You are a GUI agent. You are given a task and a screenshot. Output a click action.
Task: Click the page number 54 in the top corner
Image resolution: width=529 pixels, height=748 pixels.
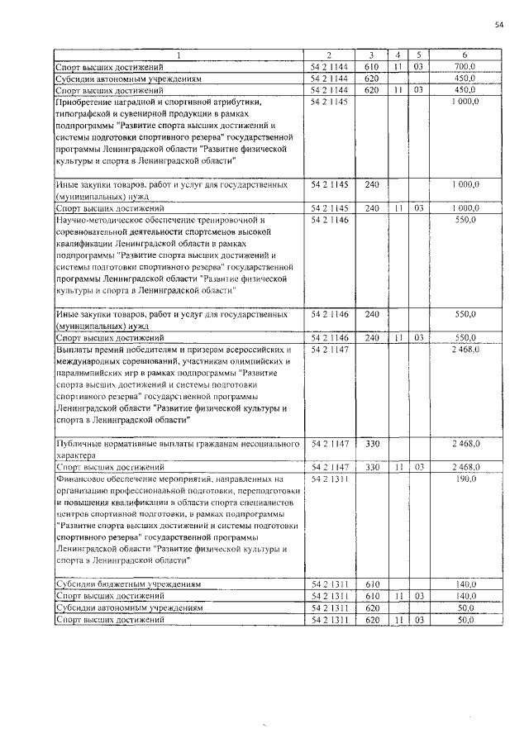click(x=498, y=26)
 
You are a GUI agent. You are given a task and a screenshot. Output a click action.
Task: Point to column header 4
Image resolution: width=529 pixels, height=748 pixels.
click(x=398, y=55)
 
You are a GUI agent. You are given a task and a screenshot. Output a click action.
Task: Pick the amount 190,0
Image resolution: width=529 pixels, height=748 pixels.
click(x=467, y=479)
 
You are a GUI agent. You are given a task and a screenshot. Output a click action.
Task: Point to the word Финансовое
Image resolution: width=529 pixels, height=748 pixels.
click(x=82, y=479)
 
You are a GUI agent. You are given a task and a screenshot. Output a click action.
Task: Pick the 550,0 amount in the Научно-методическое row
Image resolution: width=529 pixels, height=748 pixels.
click(x=467, y=221)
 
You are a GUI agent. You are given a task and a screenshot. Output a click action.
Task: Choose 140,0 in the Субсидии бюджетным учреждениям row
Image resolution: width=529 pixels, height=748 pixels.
click(x=467, y=584)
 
